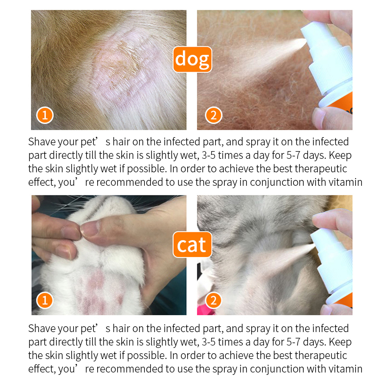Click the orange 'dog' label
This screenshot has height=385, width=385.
click(192, 59)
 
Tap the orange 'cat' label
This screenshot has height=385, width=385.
click(192, 245)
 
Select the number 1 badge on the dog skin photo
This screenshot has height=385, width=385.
click(44, 115)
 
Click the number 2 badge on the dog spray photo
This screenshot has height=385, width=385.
click(213, 115)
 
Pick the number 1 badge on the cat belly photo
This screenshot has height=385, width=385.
click(44, 301)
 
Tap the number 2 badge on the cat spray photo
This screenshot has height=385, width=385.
click(213, 301)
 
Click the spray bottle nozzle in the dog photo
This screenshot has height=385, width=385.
click(304, 42)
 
